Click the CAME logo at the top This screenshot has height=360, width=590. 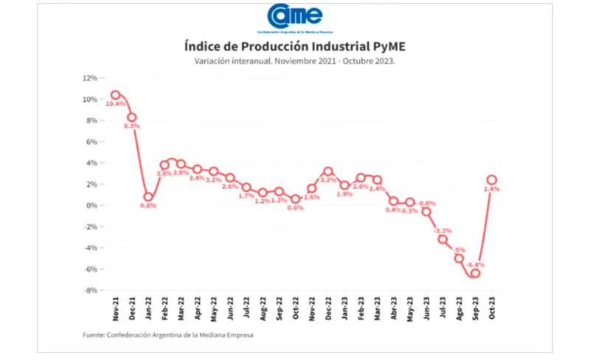294,17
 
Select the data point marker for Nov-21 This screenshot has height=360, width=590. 115,94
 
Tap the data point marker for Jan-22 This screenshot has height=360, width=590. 148,197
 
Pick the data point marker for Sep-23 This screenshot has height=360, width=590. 475,273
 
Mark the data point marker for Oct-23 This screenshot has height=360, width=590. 491,179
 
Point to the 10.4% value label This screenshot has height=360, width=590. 115,105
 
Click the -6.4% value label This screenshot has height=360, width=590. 475,264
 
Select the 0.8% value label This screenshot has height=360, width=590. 148,207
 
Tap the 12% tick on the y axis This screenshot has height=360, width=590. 90,77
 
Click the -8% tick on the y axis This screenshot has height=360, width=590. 90,290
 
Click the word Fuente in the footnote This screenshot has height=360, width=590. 94,336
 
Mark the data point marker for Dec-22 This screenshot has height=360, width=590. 328,171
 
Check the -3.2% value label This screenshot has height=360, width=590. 442,230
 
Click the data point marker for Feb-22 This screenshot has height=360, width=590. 164,165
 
